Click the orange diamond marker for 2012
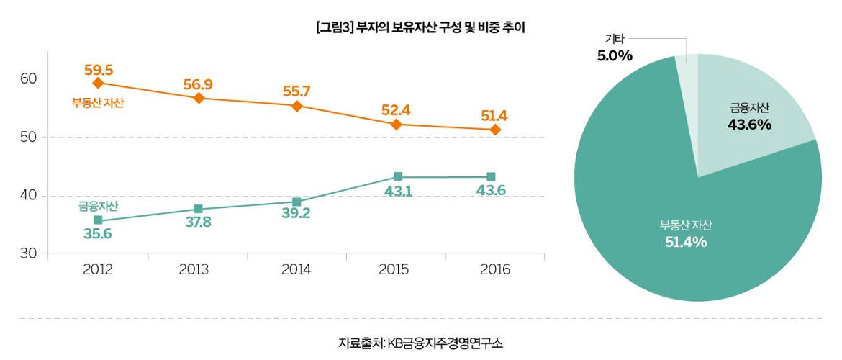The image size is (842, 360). pyautogui.click(x=99, y=83)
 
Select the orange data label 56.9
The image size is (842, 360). pyautogui.click(x=198, y=85)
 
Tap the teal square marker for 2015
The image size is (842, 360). pyautogui.click(x=398, y=177)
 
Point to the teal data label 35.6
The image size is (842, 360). pyautogui.click(x=98, y=233)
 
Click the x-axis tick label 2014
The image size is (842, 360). pyautogui.click(x=296, y=270)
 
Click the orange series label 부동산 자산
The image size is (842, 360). pyautogui.click(x=98, y=103)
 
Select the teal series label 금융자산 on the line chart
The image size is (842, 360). pyautogui.click(x=98, y=207)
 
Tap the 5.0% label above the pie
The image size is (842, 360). pyautogui.click(x=615, y=55)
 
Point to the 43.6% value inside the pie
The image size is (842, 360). pyautogui.click(x=749, y=125)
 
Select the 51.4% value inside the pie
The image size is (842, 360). pyautogui.click(x=685, y=242)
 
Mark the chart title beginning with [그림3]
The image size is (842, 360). pyautogui.click(x=421, y=28)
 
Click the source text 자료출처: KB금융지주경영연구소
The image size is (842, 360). pyautogui.click(x=421, y=343)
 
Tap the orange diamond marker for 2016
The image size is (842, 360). pyautogui.click(x=495, y=130)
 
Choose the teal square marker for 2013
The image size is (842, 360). pyautogui.click(x=198, y=209)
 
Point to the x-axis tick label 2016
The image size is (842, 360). pyautogui.click(x=494, y=270)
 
